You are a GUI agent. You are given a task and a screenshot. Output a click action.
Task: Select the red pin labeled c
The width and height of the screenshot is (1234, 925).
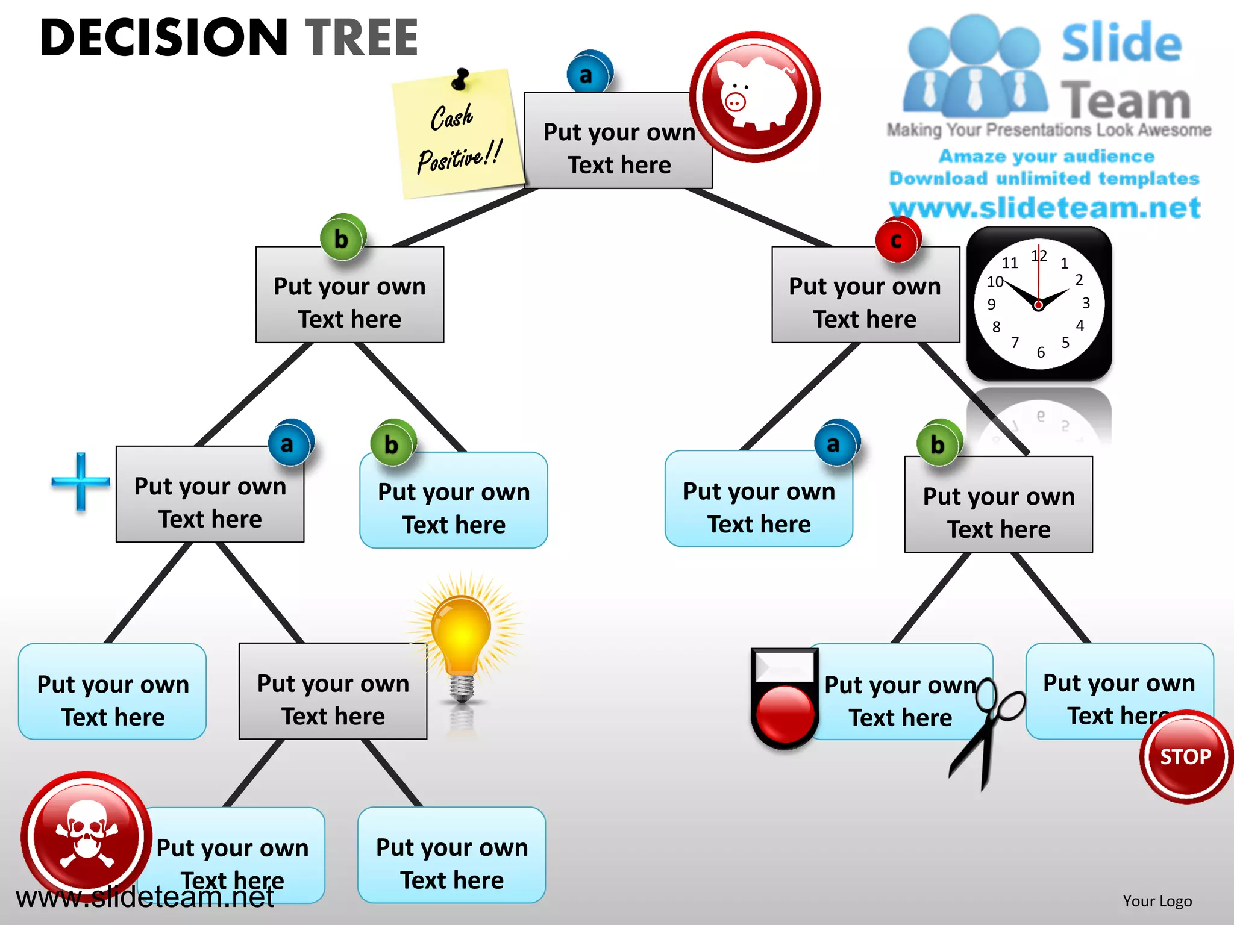(897, 240)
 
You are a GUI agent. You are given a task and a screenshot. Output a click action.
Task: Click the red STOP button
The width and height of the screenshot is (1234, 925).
(1185, 756)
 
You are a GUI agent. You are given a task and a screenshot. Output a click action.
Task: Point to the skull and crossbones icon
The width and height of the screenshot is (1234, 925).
(86, 834)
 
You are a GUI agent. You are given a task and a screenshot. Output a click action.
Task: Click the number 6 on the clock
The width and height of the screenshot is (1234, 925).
(1041, 352)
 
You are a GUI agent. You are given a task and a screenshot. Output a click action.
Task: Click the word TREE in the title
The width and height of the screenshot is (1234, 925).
(362, 37)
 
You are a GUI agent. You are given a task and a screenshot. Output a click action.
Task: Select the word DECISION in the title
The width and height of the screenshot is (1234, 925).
(164, 37)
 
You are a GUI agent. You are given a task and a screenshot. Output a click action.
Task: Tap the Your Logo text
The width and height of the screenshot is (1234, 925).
(1157, 901)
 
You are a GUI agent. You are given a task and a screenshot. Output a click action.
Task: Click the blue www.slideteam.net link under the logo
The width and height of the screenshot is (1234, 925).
(1045, 208)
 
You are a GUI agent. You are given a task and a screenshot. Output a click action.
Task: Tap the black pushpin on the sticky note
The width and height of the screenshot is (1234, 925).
(461, 79)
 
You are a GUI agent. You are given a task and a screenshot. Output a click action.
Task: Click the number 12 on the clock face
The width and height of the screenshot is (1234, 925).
(1039, 255)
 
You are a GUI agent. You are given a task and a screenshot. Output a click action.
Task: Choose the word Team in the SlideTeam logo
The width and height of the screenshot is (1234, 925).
(1125, 101)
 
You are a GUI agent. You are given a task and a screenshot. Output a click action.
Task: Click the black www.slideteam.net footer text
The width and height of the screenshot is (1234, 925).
(145, 897)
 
